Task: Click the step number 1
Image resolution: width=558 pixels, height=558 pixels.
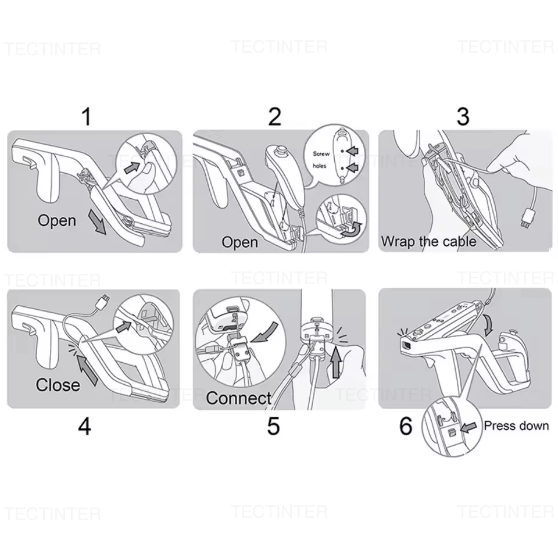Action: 87,116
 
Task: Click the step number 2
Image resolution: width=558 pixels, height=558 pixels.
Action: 274,116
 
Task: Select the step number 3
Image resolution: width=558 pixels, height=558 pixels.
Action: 463,116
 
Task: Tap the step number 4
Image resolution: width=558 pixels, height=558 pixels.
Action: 85,426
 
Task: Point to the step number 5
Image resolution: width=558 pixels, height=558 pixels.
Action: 273,426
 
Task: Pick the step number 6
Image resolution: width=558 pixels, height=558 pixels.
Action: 406,426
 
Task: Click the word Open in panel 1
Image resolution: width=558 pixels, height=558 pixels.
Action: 57,221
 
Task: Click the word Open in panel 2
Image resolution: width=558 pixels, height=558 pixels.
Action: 240,242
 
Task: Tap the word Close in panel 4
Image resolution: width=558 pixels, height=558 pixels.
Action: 58,385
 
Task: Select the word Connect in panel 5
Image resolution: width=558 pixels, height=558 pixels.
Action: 238,398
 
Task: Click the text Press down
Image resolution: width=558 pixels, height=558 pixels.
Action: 516,425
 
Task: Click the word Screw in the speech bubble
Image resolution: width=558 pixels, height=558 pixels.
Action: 321,153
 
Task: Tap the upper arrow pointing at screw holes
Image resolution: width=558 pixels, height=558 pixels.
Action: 352,151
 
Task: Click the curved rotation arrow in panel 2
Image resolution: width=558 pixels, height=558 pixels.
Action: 350,230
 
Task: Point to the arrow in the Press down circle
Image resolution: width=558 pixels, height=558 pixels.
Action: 468,427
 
